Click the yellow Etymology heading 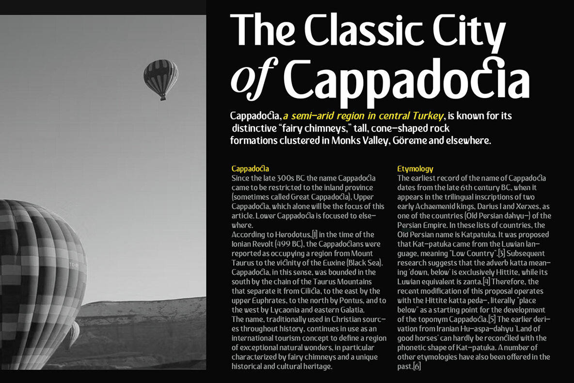415,169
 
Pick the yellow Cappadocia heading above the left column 250,169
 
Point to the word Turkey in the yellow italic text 427,116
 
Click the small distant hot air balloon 161,77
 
